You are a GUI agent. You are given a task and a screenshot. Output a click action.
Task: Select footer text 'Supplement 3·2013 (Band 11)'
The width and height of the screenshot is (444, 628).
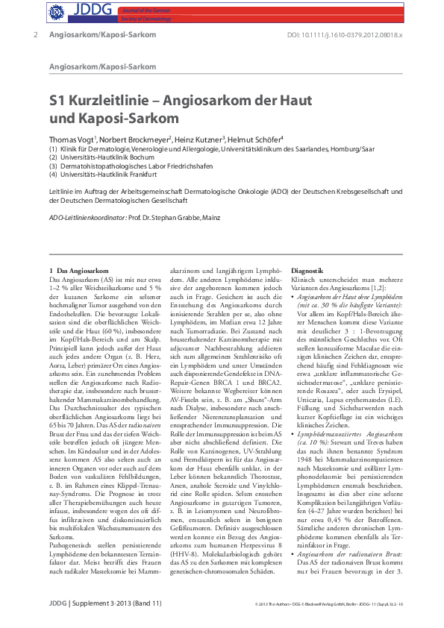(96, 602)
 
